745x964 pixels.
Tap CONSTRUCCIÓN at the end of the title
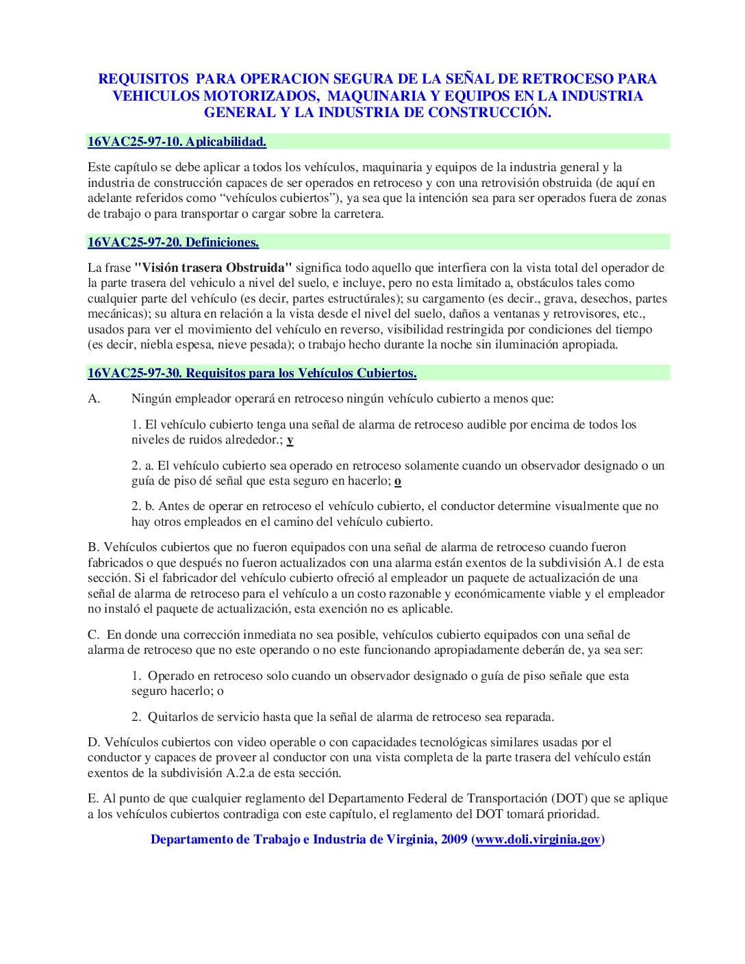pyautogui.click(x=490, y=113)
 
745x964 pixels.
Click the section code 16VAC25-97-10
pyautogui.click(x=135, y=142)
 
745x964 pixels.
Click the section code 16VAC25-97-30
pyautogui.click(x=135, y=373)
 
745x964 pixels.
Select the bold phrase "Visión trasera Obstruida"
pyautogui.click(x=213, y=268)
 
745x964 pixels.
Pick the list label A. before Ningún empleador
pyautogui.click(x=94, y=398)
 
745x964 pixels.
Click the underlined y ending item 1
pyautogui.click(x=290, y=440)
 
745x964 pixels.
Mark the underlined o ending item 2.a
pyautogui.click(x=398, y=481)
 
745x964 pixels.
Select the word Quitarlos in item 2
pyautogui.click(x=172, y=717)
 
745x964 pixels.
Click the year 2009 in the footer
pyautogui.click(x=453, y=839)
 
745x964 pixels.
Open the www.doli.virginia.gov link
pyautogui.click(x=538, y=839)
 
